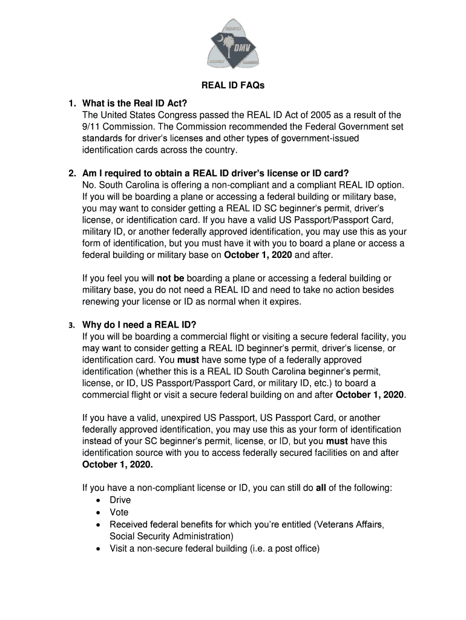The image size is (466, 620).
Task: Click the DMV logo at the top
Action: coord(233,44)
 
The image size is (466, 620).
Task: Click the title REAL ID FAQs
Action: coord(233,86)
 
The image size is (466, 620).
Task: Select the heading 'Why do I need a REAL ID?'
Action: coord(139,325)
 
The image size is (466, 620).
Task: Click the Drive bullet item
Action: coord(120,500)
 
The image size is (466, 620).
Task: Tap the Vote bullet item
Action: coord(119,512)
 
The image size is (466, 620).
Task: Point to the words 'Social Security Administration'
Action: coord(170,536)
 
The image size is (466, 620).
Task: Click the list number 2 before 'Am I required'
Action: coord(71,173)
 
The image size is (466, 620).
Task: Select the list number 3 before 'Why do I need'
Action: coord(71,325)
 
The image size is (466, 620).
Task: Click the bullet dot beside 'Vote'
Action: coord(99,513)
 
